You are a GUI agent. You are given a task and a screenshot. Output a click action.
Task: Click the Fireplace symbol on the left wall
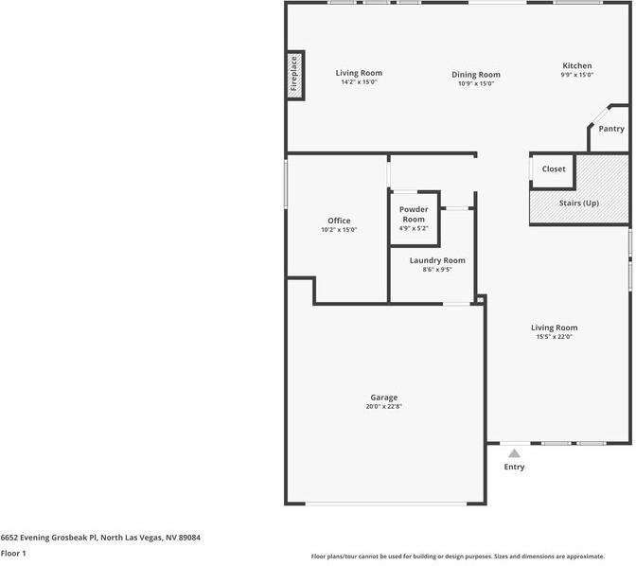click(x=295, y=76)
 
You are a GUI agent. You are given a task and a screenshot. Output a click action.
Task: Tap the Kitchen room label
click(x=576, y=65)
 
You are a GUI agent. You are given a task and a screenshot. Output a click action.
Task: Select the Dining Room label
click(x=476, y=75)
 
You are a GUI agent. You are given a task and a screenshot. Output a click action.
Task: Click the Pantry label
click(x=611, y=129)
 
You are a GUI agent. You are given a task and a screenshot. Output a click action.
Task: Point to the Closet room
click(x=554, y=171)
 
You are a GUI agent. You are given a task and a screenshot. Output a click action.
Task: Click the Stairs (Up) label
click(x=579, y=203)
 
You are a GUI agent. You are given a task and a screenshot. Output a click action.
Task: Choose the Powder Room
click(x=415, y=219)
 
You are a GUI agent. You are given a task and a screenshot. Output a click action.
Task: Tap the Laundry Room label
click(x=437, y=260)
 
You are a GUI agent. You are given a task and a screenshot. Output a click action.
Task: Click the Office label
click(x=339, y=221)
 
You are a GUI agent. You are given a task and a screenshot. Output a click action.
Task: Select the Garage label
click(x=383, y=398)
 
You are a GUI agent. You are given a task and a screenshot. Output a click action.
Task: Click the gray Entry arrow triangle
click(x=514, y=453)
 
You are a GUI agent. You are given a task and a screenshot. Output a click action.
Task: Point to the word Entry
click(x=514, y=467)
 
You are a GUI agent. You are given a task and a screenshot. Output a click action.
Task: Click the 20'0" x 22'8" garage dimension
click(x=383, y=407)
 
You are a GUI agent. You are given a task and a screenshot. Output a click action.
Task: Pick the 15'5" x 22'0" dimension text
click(x=554, y=337)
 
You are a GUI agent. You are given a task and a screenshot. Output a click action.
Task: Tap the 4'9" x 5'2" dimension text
click(x=414, y=228)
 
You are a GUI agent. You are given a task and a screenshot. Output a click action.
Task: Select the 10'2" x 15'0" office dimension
click(x=339, y=230)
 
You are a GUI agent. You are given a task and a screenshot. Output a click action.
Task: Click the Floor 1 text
click(x=13, y=554)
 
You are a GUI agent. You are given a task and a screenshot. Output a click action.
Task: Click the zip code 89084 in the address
click(x=189, y=538)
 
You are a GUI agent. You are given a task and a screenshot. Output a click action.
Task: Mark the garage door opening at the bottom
click(x=386, y=504)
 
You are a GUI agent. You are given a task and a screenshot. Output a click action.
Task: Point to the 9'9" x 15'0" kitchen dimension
click(x=576, y=75)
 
